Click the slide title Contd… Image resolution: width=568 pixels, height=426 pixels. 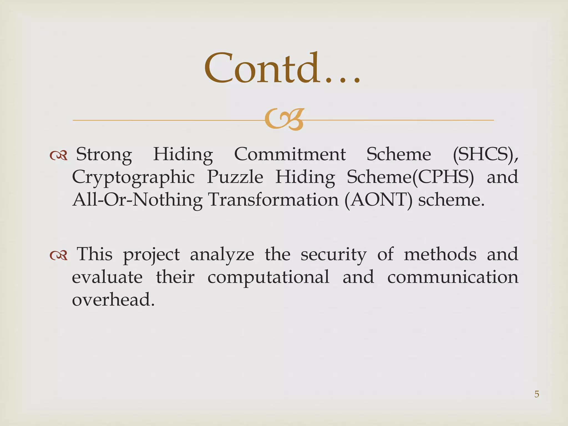click(282, 69)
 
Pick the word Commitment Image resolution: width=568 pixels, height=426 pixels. click(290, 154)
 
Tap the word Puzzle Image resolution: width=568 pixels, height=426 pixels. click(235, 177)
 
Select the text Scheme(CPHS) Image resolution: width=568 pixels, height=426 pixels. click(410, 177)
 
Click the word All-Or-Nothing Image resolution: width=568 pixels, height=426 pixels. click(137, 200)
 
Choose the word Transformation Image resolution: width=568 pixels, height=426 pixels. click(273, 200)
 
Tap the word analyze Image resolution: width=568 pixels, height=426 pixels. click(222, 255)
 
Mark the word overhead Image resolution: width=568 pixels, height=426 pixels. click(113, 300)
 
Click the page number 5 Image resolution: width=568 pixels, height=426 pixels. click(537, 394)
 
